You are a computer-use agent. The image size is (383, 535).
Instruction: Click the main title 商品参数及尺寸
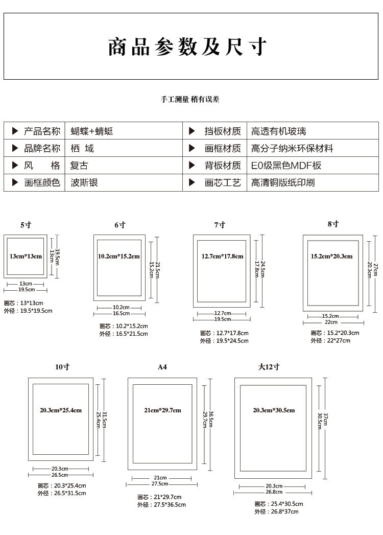click(187, 46)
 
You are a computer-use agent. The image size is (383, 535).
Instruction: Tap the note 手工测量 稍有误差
click(190, 100)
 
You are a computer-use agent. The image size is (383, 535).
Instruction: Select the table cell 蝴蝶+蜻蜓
click(92, 131)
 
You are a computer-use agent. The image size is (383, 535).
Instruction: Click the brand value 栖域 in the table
click(82, 149)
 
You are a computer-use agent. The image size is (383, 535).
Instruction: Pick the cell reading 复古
click(79, 166)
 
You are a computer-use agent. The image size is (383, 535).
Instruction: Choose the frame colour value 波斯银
click(85, 182)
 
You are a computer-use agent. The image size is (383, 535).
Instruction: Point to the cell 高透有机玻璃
click(278, 131)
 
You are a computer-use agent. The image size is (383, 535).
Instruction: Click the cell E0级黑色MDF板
click(286, 166)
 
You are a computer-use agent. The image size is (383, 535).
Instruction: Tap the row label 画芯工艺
click(223, 182)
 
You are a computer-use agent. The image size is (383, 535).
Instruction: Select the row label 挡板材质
click(223, 131)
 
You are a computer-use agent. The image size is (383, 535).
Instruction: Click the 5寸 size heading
click(26, 225)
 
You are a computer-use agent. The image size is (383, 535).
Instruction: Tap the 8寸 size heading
click(333, 224)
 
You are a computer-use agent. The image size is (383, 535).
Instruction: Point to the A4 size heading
click(162, 367)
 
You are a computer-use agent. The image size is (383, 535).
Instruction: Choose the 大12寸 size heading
click(269, 367)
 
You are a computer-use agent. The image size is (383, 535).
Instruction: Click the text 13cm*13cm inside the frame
click(26, 256)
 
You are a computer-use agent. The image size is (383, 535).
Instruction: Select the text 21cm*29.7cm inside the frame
click(163, 410)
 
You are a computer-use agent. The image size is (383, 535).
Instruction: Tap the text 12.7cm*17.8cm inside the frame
click(222, 256)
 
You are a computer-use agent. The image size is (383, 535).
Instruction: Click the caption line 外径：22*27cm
click(330, 341)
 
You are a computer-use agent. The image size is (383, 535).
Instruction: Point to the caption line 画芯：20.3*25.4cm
click(62, 485)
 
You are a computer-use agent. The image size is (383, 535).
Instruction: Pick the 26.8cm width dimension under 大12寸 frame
click(274, 492)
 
